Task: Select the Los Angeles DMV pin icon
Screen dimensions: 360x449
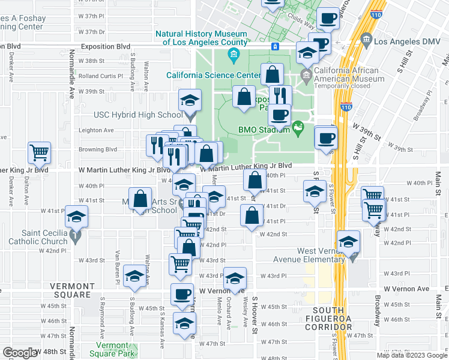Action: pyautogui.click(x=367, y=40)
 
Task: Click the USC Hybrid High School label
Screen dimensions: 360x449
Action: pyautogui.click(x=138, y=115)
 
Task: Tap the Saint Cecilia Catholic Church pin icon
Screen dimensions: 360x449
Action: pyautogui.click(x=74, y=236)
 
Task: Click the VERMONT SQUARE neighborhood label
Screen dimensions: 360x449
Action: pyautogui.click(x=71, y=290)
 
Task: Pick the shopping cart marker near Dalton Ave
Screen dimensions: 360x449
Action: pyautogui.click(x=39, y=153)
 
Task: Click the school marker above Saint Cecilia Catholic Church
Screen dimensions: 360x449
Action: pyautogui.click(x=76, y=217)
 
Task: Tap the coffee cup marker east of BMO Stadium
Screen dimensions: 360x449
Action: pyautogui.click(x=326, y=137)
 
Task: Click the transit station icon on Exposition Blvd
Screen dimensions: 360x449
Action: pyautogui.click(x=275, y=46)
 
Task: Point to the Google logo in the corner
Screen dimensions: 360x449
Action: pyautogui.click(x=20, y=353)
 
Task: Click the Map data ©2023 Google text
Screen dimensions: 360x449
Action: pyautogui.click(x=412, y=355)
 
